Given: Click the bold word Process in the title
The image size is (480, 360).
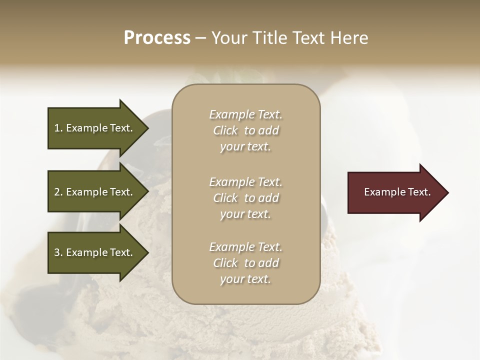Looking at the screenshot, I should (157, 38).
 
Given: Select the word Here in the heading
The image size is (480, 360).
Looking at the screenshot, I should (348, 38).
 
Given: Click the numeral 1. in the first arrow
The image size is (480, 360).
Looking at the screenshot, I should (58, 128).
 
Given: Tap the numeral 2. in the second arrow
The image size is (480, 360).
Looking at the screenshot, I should (58, 192).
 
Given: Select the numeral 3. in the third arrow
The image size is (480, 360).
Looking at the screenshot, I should (58, 252).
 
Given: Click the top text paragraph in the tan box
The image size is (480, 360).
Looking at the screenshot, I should (245, 130).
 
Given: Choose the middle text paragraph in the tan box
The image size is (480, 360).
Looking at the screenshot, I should (245, 198).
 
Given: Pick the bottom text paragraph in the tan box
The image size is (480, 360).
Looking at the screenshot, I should (245, 263).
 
